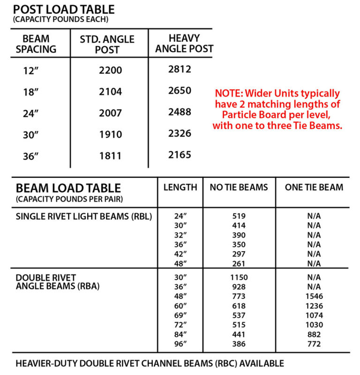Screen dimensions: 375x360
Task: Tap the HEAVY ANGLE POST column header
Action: [184, 43]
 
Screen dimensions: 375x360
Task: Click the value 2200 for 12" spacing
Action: [111, 70]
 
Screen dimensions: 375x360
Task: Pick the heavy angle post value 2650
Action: [180, 90]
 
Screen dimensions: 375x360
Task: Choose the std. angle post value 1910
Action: [111, 134]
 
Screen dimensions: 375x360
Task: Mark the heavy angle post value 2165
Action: [180, 154]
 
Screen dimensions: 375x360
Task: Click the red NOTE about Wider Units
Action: [277, 109]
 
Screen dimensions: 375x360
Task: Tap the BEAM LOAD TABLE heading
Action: [68, 188]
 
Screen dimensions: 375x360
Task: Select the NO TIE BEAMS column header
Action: [239, 187]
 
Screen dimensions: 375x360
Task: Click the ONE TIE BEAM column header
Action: [314, 187]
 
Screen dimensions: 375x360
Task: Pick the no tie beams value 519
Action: [239, 217]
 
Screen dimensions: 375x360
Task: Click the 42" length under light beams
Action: [180, 254]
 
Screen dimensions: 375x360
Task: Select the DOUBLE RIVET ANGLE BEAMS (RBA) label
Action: [58, 282]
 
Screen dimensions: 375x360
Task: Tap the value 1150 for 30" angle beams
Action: [239, 277]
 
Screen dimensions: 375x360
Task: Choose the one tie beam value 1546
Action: [314, 296]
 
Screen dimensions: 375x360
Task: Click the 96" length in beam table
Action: [180, 344]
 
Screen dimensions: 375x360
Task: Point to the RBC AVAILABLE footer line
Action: [150, 363]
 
